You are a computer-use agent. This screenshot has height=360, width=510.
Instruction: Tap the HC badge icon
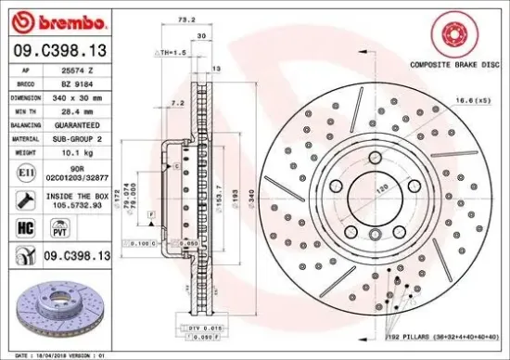coord(26,225)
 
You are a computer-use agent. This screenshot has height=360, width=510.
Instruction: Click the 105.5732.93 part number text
coord(79,207)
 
